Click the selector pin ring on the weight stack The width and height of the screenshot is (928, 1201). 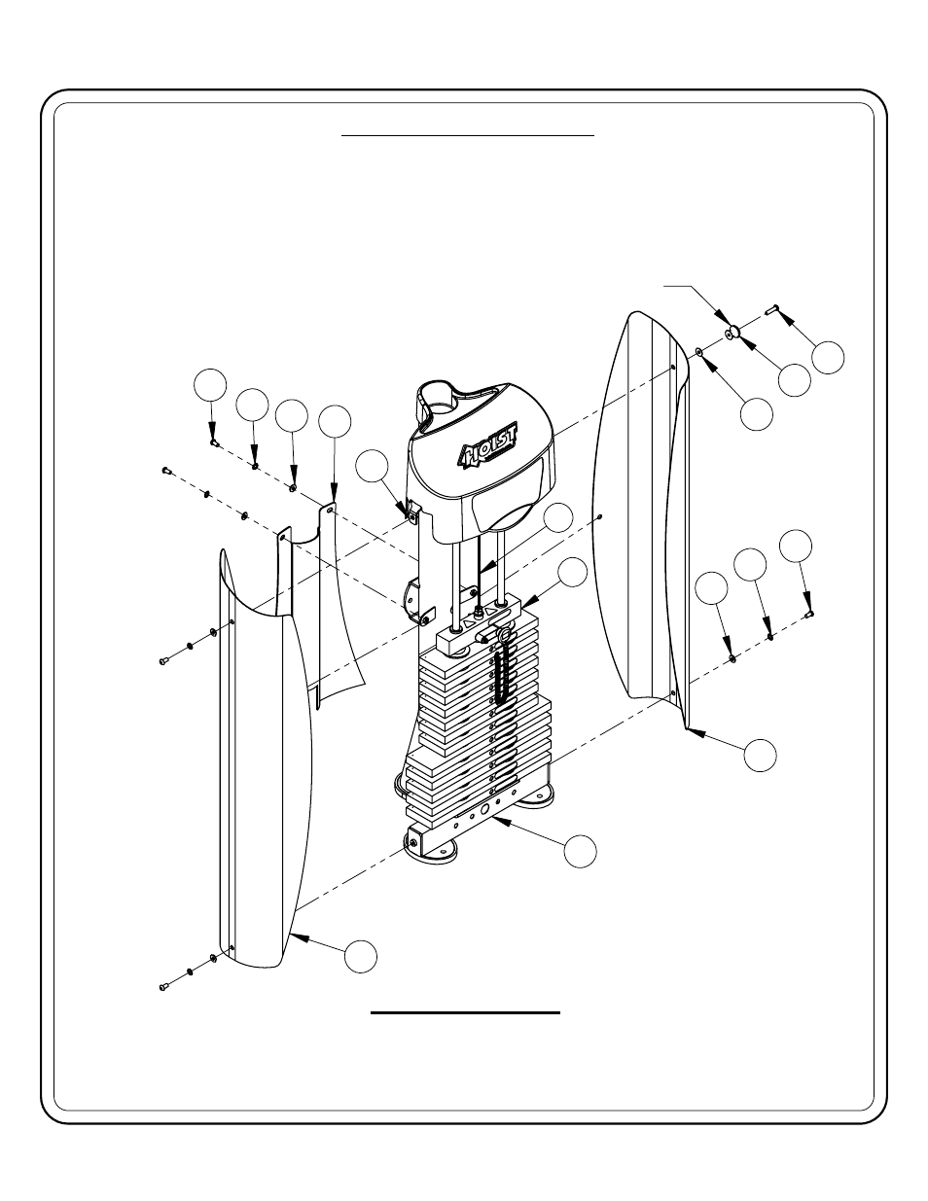click(x=506, y=636)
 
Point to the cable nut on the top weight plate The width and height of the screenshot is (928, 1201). click(x=479, y=613)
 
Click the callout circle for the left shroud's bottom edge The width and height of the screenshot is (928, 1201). click(x=361, y=956)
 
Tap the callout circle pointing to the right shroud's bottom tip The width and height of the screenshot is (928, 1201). click(x=762, y=755)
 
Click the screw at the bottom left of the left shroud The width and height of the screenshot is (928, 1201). click(x=163, y=987)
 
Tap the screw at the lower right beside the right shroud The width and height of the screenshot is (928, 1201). click(x=810, y=614)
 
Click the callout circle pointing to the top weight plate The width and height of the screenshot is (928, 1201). click(x=573, y=573)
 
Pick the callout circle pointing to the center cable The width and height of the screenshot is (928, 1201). click(x=557, y=518)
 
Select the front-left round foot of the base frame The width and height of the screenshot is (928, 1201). click(x=434, y=856)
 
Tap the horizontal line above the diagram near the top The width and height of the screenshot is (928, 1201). click(x=467, y=136)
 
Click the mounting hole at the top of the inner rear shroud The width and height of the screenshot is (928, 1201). click(x=331, y=509)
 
